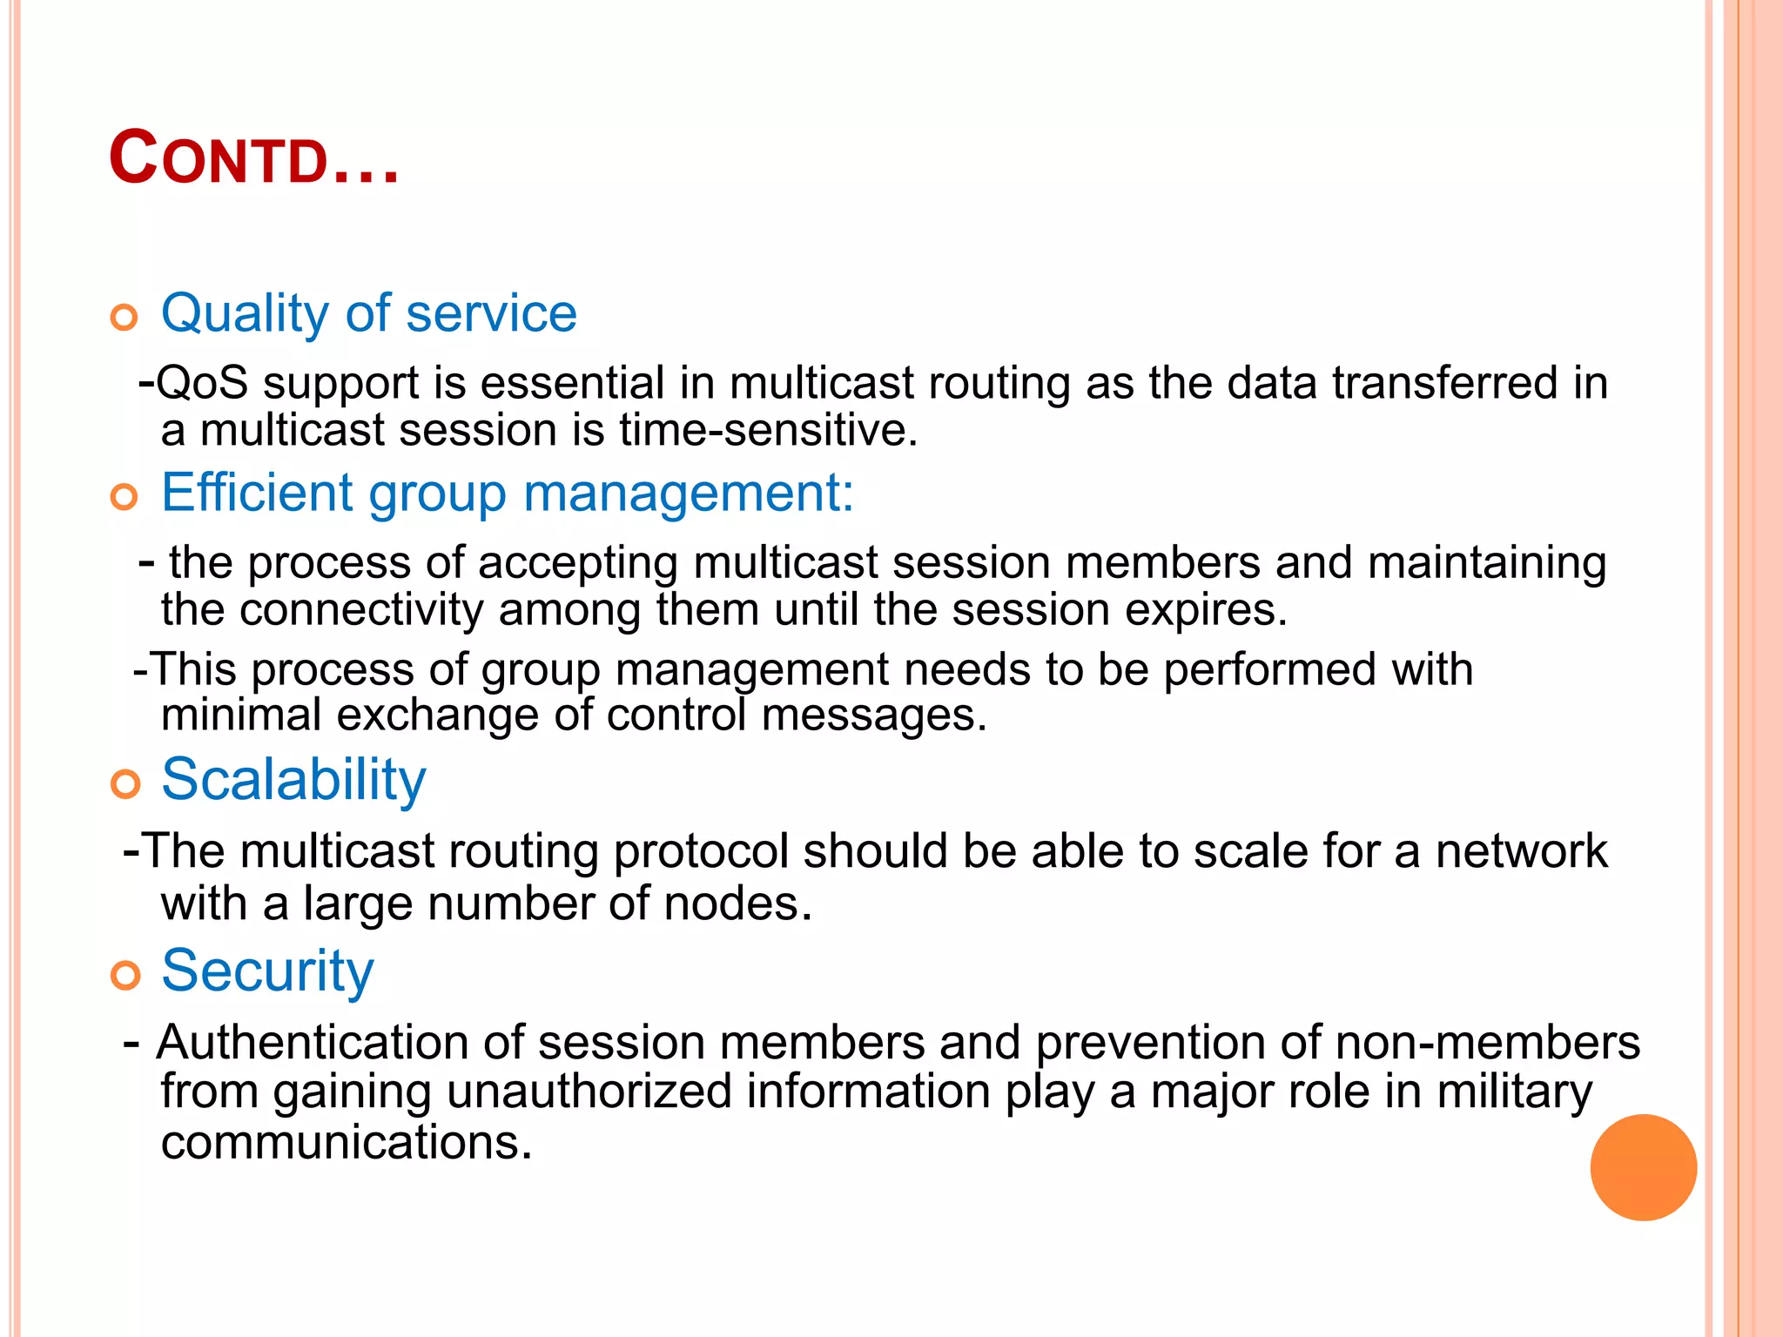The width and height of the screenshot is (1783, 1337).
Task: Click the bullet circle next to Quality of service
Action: [125, 318]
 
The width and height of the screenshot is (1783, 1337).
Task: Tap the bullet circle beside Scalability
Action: [125, 784]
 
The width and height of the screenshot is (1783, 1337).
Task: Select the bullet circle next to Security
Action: [125, 976]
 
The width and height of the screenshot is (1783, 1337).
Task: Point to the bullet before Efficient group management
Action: [125, 497]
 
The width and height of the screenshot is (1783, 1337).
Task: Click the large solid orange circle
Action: [1643, 1167]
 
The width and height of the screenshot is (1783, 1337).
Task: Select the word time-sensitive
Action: [768, 430]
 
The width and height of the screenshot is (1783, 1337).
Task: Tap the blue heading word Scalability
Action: [293, 780]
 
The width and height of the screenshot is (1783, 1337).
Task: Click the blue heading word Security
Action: [267, 971]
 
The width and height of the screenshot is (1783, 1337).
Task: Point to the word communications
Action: [346, 1142]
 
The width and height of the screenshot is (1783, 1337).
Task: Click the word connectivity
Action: [360, 610]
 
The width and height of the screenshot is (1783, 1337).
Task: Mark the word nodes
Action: [737, 904]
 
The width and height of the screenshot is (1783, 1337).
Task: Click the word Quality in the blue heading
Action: [245, 313]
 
